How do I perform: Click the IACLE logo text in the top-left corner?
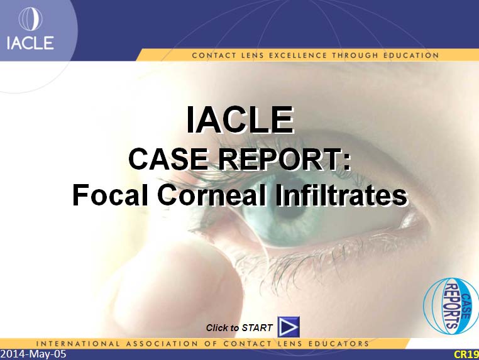(x=30, y=43)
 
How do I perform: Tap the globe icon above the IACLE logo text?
(x=30, y=19)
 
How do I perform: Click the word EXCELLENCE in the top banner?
(x=298, y=55)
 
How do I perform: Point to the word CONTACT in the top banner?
(x=214, y=55)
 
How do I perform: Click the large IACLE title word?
(x=240, y=120)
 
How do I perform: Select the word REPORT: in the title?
(x=284, y=160)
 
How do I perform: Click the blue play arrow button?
(x=289, y=327)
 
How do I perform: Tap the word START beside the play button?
(x=257, y=328)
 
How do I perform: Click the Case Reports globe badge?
(x=451, y=306)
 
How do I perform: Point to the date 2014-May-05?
(x=33, y=354)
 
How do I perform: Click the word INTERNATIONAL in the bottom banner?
(x=77, y=344)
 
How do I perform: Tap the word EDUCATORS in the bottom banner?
(x=339, y=344)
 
